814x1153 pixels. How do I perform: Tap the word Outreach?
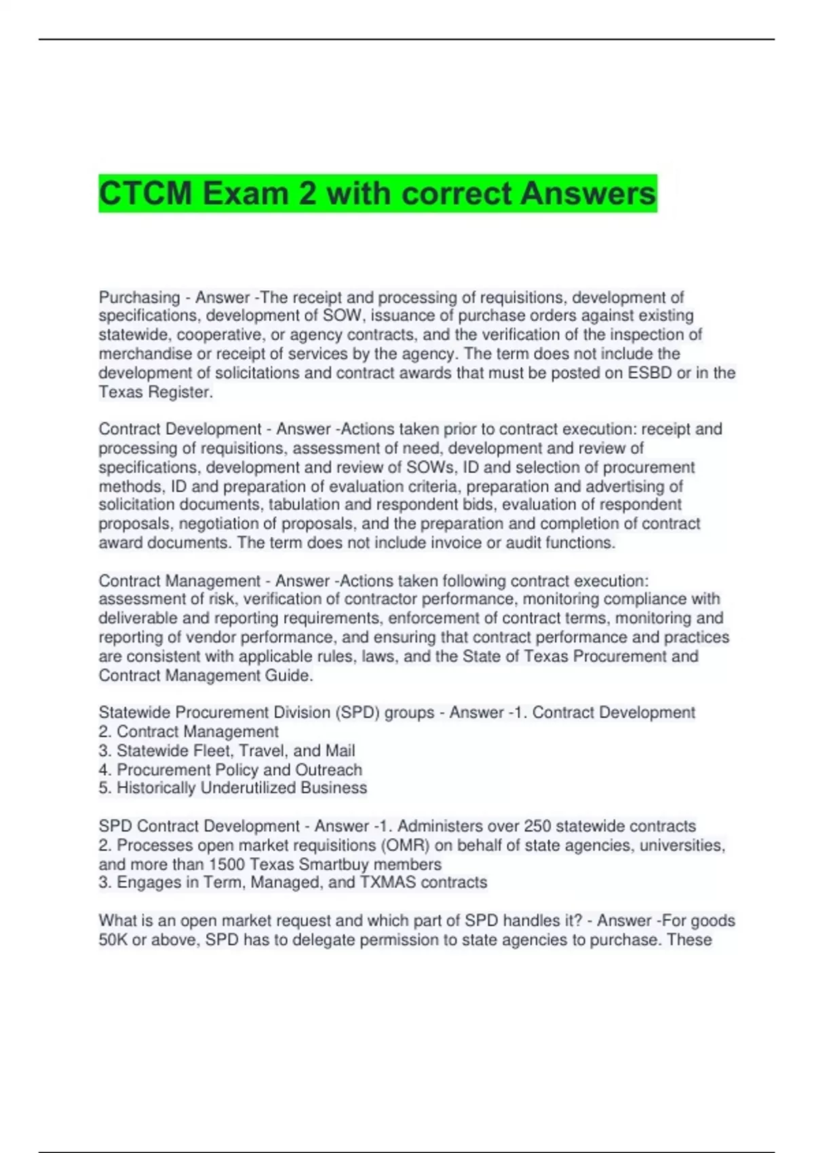(329, 770)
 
